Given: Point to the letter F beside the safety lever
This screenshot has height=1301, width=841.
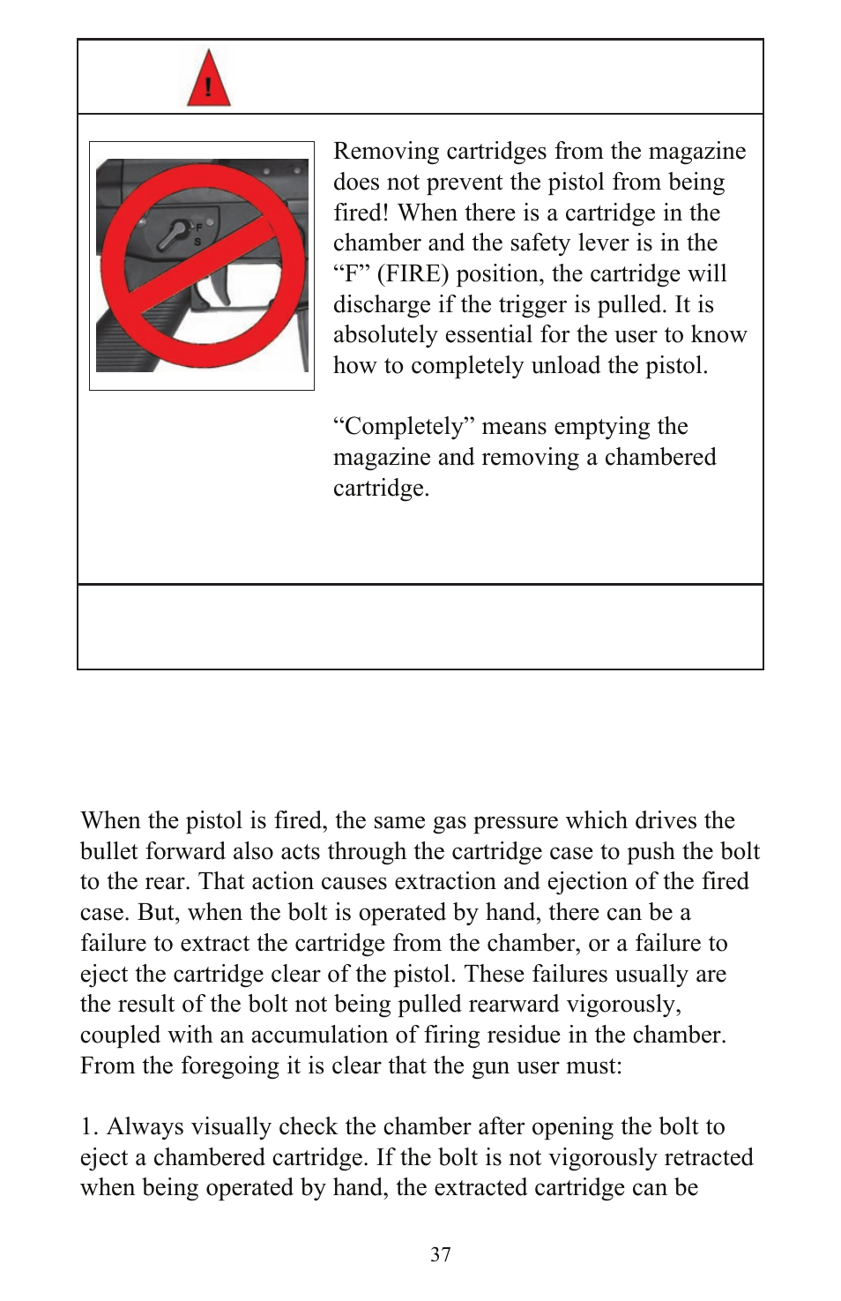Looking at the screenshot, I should pyautogui.click(x=199, y=228).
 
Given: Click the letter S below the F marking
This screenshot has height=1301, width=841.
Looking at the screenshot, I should pyautogui.click(x=197, y=241).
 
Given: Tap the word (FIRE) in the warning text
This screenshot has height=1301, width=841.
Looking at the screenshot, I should pyautogui.click(x=413, y=274).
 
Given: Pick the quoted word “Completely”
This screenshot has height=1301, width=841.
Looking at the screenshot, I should pyautogui.click(x=398, y=427).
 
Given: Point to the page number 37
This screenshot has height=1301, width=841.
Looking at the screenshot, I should pyautogui.click(x=441, y=1255).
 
